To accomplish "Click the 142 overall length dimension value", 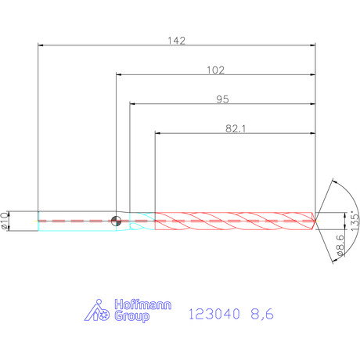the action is coord(176,41).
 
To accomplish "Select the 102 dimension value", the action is coord(215,70).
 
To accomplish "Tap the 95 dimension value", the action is coord(222,99).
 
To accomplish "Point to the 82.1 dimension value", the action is coord(236,128).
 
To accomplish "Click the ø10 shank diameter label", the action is coord(5,221).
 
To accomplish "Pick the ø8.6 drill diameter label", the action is coord(340,245).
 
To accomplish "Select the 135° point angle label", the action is coord(355,221).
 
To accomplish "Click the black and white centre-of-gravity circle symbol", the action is coord(116,221).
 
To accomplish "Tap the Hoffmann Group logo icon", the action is coord(96,310).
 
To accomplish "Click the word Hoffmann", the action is coord(143,304).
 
